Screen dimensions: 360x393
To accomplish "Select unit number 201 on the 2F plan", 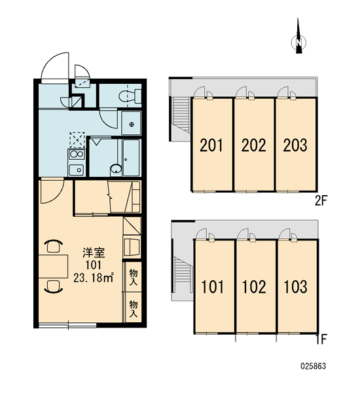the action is (x=211, y=145).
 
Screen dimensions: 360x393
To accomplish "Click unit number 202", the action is (x=253, y=145).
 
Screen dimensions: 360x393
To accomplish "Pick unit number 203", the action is (x=295, y=145).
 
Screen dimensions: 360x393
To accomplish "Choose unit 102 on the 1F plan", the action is (x=254, y=287).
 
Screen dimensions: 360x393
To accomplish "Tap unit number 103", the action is (x=295, y=287).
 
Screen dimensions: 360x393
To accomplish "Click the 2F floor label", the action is (x=321, y=200).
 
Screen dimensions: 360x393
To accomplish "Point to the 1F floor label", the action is (x=321, y=339).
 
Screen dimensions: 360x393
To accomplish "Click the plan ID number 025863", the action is (x=314, y=366).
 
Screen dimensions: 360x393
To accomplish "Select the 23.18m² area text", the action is (x=94, y=278).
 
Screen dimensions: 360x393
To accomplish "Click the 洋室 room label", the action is (x=94, y=253).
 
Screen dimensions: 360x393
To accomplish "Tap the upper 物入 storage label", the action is (x=134, y=277).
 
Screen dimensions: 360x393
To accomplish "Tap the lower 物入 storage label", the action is (x=134, y=309).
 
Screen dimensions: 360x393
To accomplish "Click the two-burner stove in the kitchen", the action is (x=77, y=154).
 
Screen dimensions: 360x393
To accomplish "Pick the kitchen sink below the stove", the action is (x=77, y=170).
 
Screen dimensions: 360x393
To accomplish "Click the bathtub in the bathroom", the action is (x=131, y=157).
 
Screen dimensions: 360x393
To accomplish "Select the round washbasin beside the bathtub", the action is (x=116, y=170).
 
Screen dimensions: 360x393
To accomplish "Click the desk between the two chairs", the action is (x=53, y=267).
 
